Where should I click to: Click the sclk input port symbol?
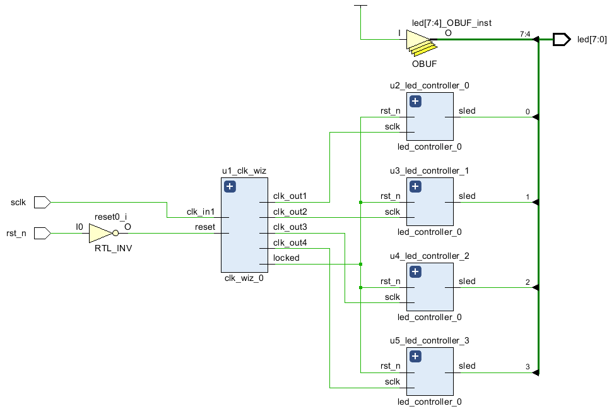(42, 202)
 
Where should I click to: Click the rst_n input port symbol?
(42, 233)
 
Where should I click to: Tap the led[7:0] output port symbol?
(562, 39)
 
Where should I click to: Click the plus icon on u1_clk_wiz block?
(230, 186)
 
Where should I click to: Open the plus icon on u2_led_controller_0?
(415, 102)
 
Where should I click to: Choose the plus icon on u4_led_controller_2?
(415, 271)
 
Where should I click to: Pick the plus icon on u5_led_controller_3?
(415, 357)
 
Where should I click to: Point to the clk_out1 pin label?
(290, 196)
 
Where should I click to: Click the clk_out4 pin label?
(290, 242)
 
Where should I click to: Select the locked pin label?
(286, 258)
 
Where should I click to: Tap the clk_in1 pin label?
(201, 212)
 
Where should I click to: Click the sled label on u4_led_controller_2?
(467, 282)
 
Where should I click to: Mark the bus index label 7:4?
(525, 34)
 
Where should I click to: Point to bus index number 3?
(528, 367)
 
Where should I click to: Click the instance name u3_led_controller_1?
(429, 171)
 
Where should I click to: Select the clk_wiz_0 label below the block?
(244, 278)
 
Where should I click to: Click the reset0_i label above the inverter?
(111, 217)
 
